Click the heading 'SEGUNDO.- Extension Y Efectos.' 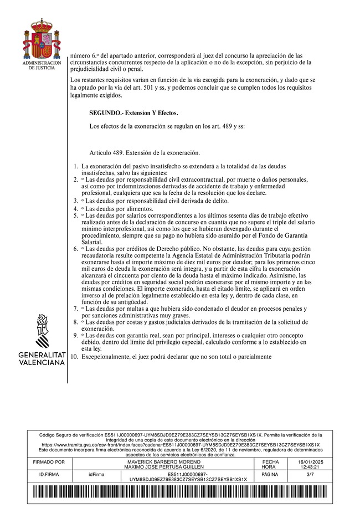point(133,112)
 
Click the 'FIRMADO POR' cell point(49,461)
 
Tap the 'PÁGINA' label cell point(269,475)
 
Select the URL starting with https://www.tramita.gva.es point(181,445)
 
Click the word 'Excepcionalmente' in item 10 point(105,357)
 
